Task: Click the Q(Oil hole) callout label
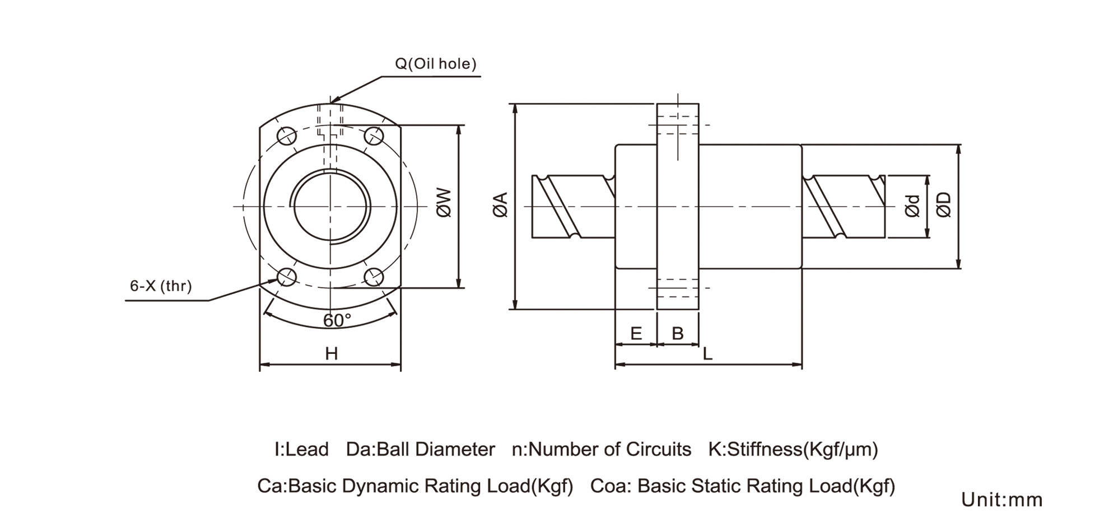(x=436, y=64)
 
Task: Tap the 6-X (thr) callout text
(x=161, y=286)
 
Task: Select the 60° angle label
(x=337, y=321)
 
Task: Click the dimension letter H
(x=331, y=354)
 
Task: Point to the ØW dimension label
(x=444, y=203)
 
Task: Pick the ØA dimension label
(x=500, y=204)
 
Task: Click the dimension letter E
(x=636, y=334)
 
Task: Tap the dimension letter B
(x=678, y=334)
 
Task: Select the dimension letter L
(x=707, y=354)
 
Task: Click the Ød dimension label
(x=913, y=206)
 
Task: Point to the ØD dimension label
(x=944, y=204)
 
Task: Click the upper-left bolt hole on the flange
(x=287, y=136)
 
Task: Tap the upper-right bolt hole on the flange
(x=374, y=136)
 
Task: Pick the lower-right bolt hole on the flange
(x=374, y=276)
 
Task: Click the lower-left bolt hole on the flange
(x=287, y=276)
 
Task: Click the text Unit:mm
(x=1001, y=500)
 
